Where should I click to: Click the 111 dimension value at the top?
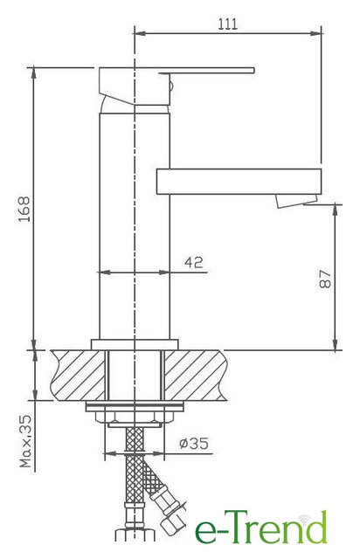227,24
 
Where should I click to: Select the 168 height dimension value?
24,209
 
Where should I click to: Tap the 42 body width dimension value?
194,262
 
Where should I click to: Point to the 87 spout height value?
325,279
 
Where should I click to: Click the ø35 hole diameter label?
194,443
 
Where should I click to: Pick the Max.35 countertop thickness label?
26,441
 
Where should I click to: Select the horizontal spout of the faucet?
239,182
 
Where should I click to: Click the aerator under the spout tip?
296,200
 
